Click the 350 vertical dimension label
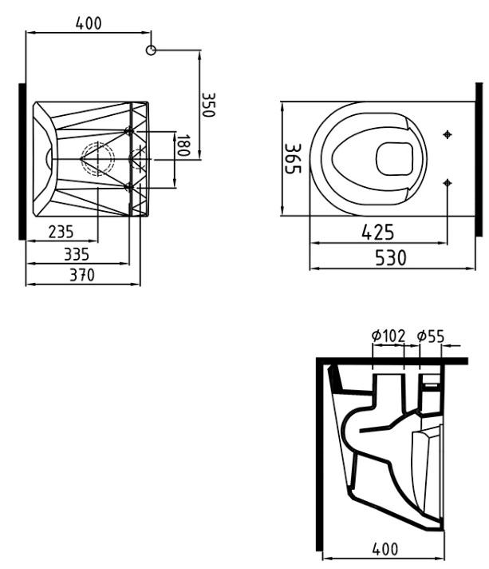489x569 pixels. pos(208,105)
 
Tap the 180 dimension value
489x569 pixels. pos(183,145)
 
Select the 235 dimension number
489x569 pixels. pos(61,232)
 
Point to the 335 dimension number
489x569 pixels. pos(77,254)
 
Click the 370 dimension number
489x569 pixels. pos(82,275)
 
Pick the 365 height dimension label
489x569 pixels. pos(292,158)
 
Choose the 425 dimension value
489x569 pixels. pos(377,232)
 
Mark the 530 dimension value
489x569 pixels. pos(390,258)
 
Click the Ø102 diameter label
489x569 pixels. pos(388,336)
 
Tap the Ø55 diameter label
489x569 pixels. pos(430,336)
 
